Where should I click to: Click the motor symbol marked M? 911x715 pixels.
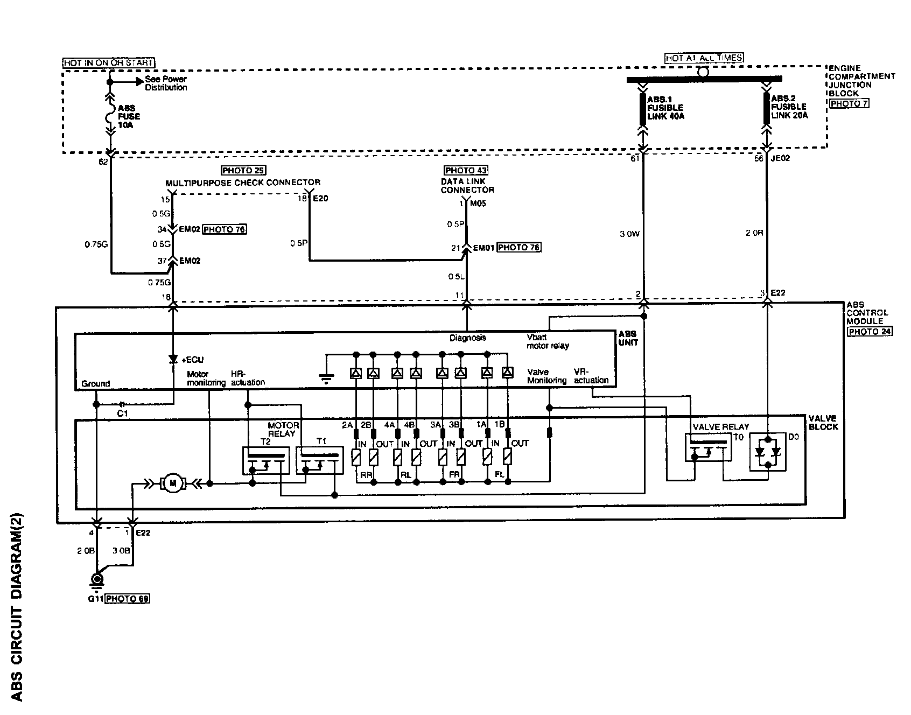tap(173, 483)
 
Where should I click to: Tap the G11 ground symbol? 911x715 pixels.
tap(97, 580)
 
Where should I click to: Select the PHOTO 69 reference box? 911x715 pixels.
tap(127, 599)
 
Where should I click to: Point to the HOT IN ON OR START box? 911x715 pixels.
tap(109, 63)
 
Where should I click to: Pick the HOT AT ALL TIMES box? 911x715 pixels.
tap(704, 58)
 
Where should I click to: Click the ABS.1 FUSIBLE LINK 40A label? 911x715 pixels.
tap(665, 107)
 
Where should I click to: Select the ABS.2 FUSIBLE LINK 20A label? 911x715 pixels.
tap(789, 107)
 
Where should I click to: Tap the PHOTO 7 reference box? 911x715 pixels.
tap(849, 103)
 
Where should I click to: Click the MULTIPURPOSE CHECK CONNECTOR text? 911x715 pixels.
tap(243, 183)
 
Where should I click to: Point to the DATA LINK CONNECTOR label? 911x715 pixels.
tap(467, 186)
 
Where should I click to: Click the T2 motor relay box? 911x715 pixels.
tap(265, 460)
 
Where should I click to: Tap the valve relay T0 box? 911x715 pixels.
tap(708, 447)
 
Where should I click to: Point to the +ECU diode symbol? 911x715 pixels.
tap(173, 359)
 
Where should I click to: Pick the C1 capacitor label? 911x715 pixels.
tap(123, 413)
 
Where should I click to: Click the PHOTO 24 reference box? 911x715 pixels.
tap(870, 331)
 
